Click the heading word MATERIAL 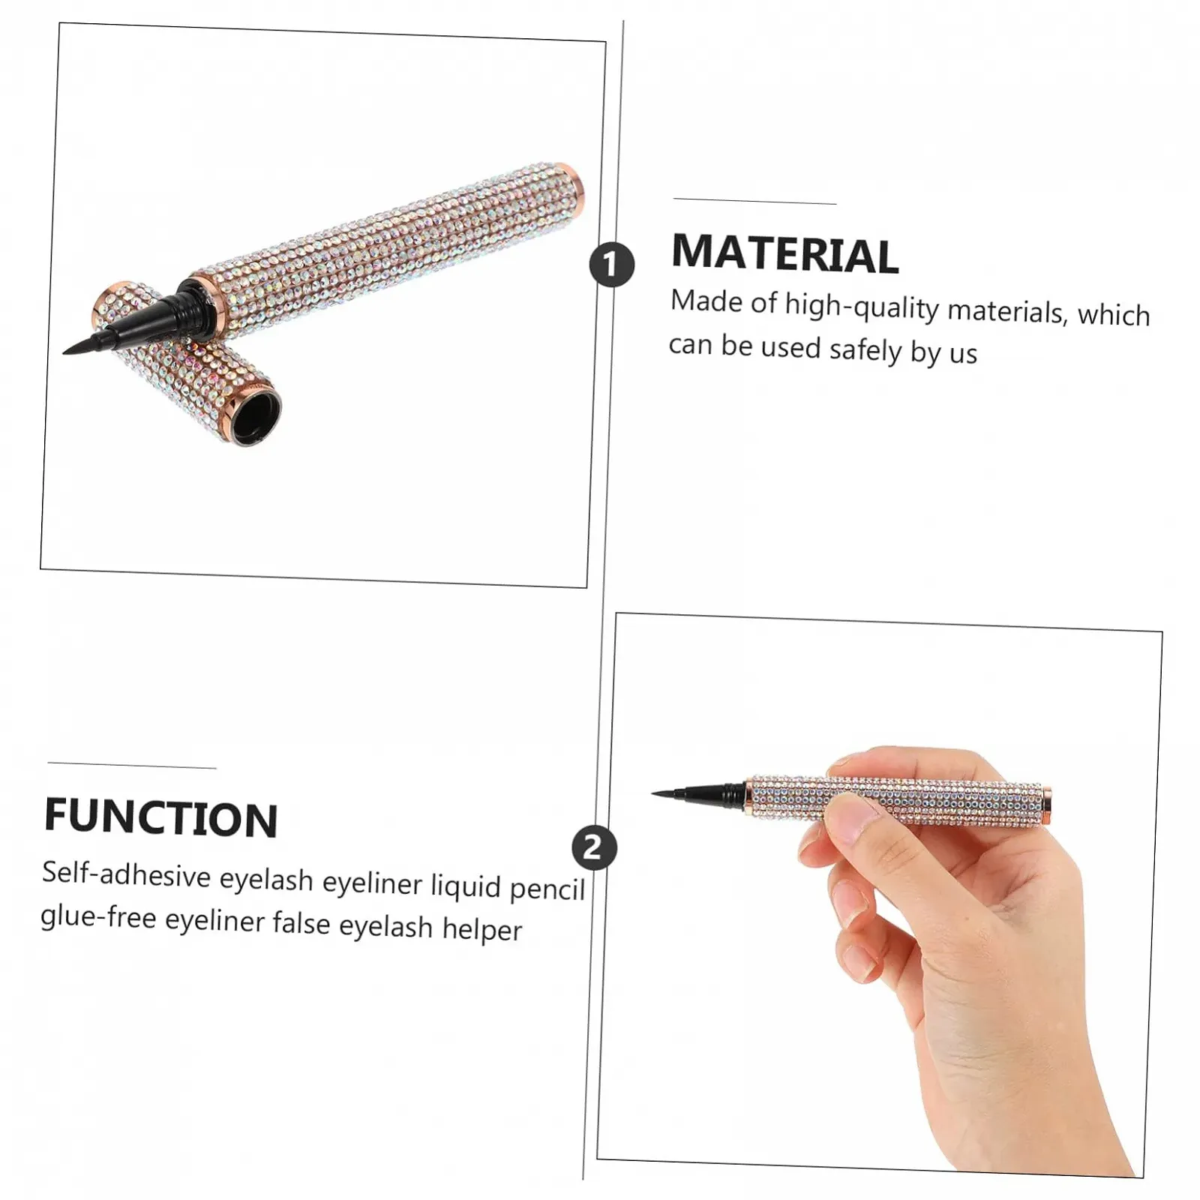point(784,253)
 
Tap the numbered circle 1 point(612,264)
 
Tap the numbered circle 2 point(593,847)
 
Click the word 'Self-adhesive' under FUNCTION point(126,874)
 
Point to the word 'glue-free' point(98,916)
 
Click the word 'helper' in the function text point(481,929)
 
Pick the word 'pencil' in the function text point(547,889)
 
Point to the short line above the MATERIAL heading point(754,201)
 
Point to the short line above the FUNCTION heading point(132,765)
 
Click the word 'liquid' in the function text point(465,886)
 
